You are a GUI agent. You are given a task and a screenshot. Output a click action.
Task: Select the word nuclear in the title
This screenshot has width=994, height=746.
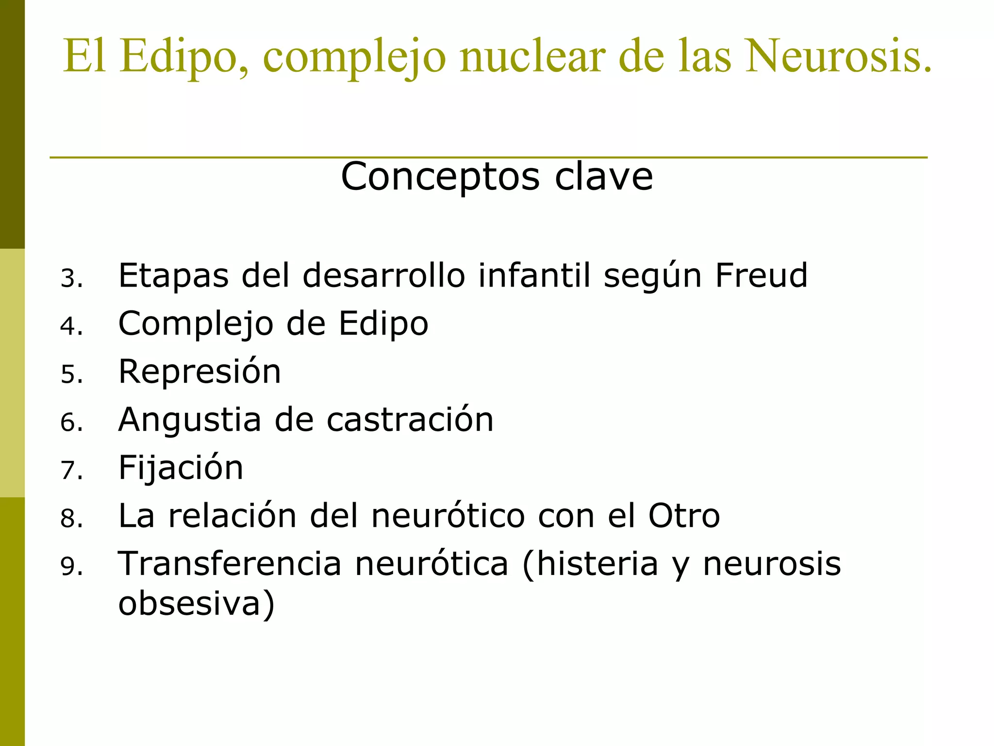[x=532, y=56]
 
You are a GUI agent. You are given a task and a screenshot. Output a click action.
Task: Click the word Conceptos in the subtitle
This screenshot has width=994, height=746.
[x=440, y=176]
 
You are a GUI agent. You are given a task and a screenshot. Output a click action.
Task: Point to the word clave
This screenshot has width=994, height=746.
[x=604, y=176]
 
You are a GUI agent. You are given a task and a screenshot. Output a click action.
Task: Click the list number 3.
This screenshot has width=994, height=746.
[x=71, y=279]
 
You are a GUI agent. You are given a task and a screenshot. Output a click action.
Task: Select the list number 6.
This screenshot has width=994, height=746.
[x=71, y=423]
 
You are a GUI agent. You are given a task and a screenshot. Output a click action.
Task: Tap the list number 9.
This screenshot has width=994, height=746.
[x=71, y=566]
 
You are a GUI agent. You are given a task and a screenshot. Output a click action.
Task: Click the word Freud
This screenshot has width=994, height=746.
[x=761, y=275]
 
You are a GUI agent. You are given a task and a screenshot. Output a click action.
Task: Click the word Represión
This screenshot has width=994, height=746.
[x=199, y=372]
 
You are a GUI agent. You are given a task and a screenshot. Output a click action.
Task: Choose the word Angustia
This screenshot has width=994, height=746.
[x=190, y=420]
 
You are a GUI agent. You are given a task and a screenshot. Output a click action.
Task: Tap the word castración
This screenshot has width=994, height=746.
[x=410, y=420]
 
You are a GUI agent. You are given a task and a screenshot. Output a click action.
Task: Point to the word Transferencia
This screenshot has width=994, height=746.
[x=230, y=564]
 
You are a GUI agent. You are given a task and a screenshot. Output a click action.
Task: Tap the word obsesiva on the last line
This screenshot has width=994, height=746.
[x=196, y=604]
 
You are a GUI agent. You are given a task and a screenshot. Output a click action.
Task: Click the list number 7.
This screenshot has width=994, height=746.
[x=71, y=471]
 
